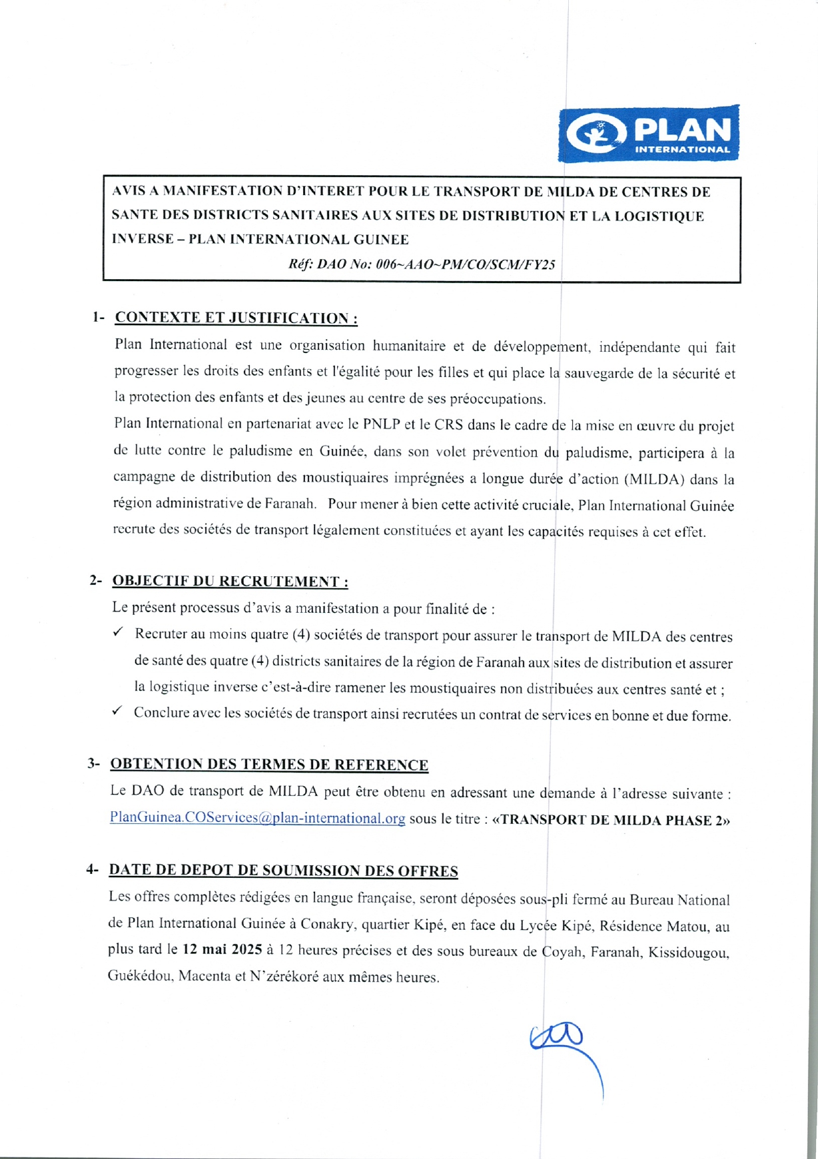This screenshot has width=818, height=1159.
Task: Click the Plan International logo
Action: point(648,134)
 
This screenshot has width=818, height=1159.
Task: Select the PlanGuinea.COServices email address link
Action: point(257,818)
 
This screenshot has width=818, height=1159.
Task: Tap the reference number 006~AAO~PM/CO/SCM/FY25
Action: point(465,264)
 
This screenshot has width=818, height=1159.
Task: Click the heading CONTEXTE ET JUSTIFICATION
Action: point(236,318)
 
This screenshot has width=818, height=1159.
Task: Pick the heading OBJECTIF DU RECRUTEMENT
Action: point(230,581)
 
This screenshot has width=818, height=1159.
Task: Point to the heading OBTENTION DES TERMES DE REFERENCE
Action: point(269,764)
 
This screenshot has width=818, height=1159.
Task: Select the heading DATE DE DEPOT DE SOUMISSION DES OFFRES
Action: point(283,871)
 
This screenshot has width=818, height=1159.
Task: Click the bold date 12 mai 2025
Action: point(221,949)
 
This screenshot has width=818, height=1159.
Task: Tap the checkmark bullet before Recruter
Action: point(118,632)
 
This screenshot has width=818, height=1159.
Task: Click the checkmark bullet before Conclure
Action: point(117,711)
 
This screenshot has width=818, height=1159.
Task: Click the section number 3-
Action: point(94,763)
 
